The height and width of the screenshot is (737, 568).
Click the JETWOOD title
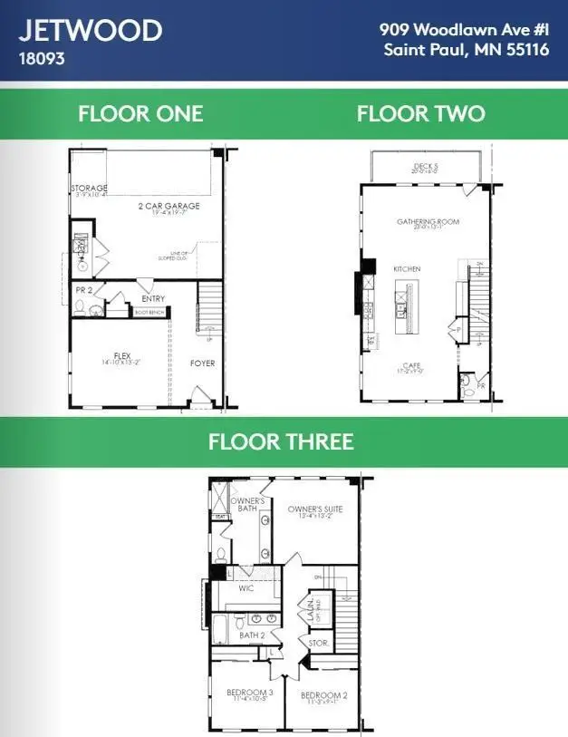[x=91, y=31]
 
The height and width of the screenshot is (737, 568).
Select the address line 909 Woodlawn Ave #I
[x=464, y=29]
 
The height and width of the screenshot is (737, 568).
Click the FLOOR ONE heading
[x=140, y=113]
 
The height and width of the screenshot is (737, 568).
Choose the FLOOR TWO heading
[x=420, y=113]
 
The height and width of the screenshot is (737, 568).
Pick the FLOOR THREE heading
[x=281, y=441]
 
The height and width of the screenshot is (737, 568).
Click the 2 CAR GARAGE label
[x=168, y=206]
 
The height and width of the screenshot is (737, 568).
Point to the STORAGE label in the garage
[x=90, y=189]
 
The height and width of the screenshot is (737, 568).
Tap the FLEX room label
[x=122, y=355]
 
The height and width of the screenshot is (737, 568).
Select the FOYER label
[x=203, y=364]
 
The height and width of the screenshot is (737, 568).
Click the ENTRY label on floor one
[x=152, y=298]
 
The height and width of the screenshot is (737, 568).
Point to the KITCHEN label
[x=408, y=269]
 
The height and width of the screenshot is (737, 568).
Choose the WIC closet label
[x=246, y=588]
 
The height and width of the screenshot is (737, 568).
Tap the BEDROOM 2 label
[x=324, y=695]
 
